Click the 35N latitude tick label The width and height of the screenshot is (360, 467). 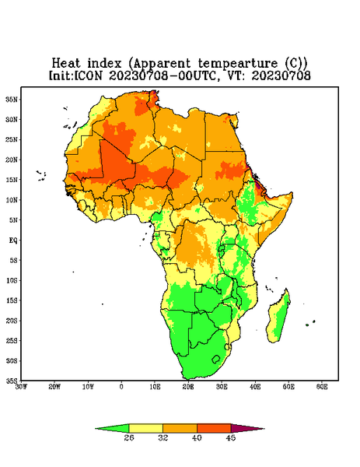coord(12,99)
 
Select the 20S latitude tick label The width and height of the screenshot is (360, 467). coord(12,321)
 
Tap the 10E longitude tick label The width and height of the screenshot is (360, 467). coord(155,387)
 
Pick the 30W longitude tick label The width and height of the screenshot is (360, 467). coord(21,387)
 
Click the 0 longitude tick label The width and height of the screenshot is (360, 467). coord(121,387)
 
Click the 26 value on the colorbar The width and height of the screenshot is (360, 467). coord(129,437)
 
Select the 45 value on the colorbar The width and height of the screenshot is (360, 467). coord(231,437)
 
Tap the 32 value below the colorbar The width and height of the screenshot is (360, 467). coord(163,437)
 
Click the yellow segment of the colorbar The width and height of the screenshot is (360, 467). coord(145,428)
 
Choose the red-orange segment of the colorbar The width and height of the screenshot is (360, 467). coord(214,428)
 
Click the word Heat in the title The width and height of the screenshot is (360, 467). coord(66,63)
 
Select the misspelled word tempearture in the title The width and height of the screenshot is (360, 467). coord(238,64)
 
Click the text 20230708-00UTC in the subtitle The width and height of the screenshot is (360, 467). coord(162,75)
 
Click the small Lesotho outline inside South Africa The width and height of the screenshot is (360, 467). coord(216,359)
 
